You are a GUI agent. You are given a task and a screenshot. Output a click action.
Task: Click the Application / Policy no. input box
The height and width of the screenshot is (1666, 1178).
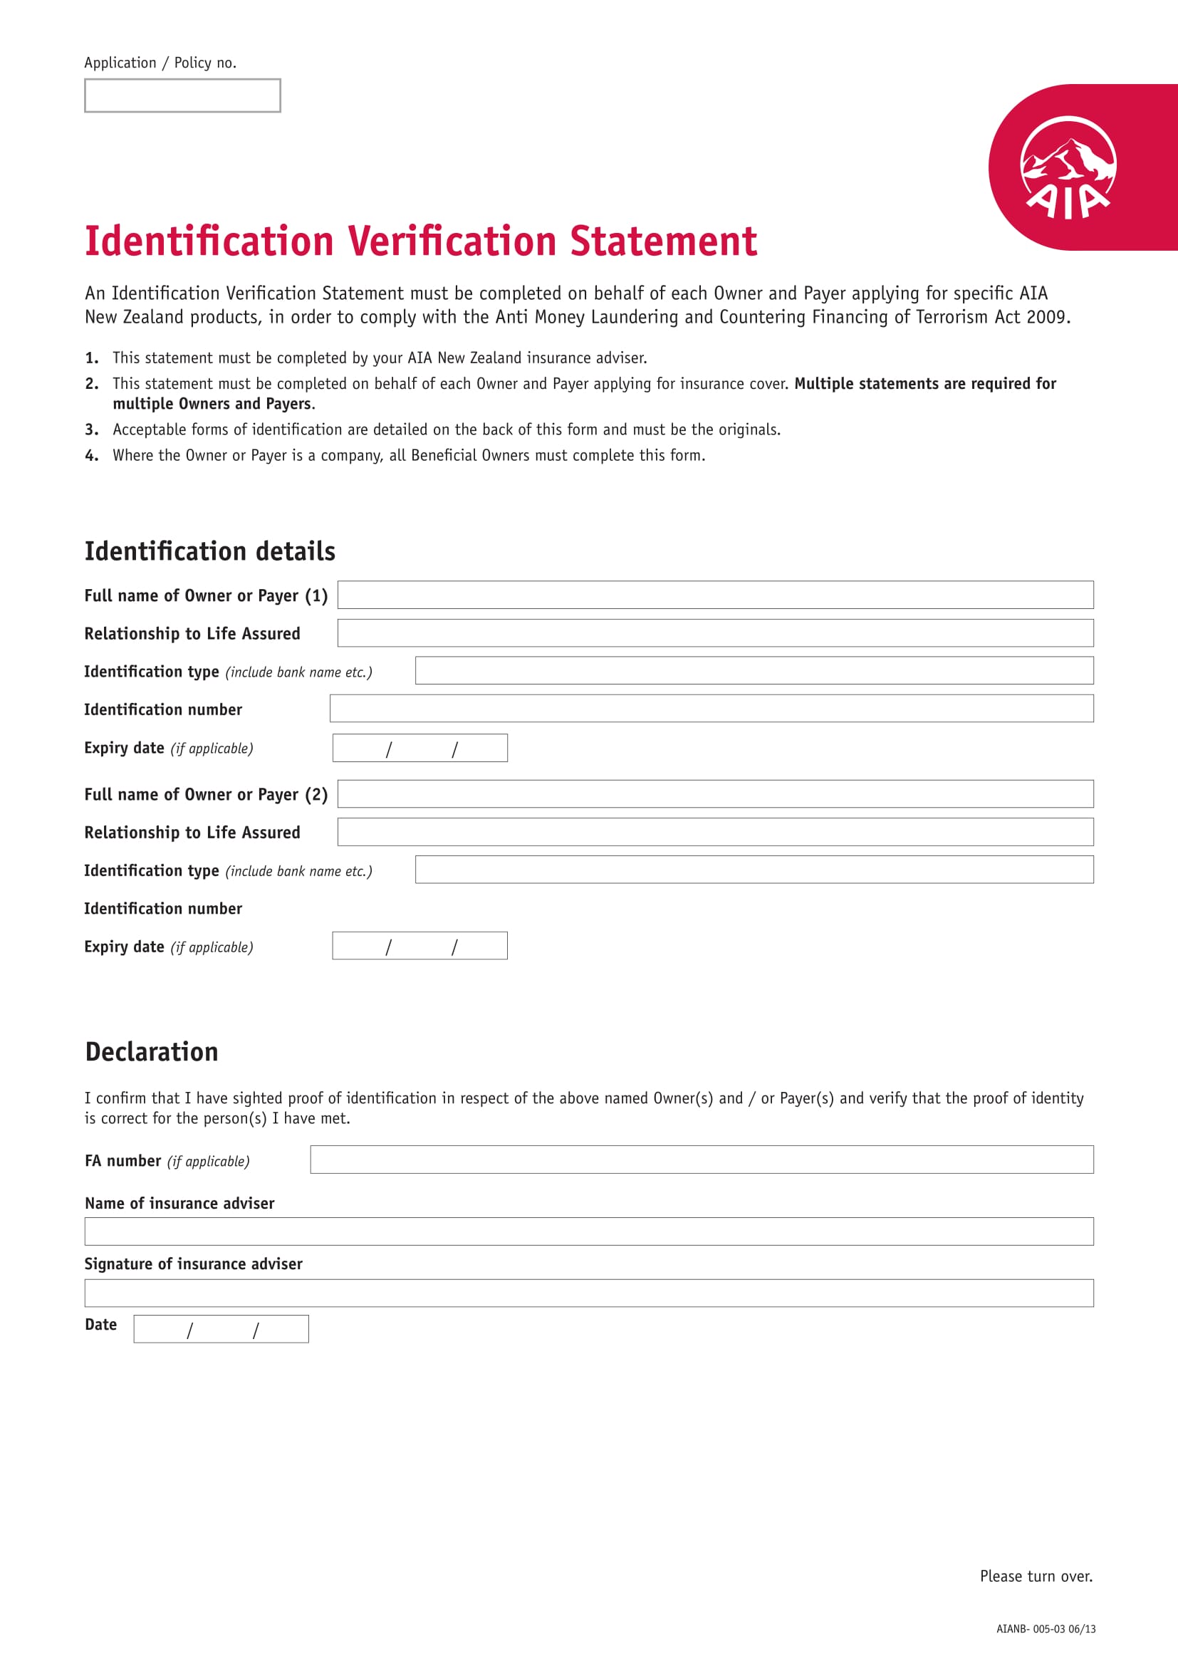pyautogui.click(x=182, y=95)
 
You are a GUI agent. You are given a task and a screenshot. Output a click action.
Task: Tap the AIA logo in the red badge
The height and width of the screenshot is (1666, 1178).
pyautogui.click(x=1068, y=168)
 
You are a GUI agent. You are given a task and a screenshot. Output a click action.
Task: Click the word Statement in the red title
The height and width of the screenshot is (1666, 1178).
pyautogui.click(x=663, y=241)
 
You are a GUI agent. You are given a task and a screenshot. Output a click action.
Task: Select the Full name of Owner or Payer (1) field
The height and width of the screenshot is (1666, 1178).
pyautogui.click(x=714, y=595)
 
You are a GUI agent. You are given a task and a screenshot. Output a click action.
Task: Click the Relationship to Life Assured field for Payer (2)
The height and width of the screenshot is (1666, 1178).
pyautogui.click(x=714, y=831)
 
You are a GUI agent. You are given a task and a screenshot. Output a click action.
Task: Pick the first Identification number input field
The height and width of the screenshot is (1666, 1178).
pyautogui.click(x=711, y=708)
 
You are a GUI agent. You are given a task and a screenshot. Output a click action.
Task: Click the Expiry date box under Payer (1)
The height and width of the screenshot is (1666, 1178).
pyautogui.click(x=419, y=748)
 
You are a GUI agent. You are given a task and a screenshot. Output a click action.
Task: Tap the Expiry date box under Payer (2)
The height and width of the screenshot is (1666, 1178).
pyautogui.click(x=419, y=945)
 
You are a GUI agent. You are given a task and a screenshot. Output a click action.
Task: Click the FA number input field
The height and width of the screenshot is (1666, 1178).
pyautogui.click(x=702, y=1160)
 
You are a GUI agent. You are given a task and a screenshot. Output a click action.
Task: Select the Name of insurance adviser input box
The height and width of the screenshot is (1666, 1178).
pyautogui.click(x=588, y=1232)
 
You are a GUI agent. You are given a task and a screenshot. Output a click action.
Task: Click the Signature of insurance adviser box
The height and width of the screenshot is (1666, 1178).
pyautogui.click(x=588, y=1293)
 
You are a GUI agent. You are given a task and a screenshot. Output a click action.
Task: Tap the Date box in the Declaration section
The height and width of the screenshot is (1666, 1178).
pyautogui.click(x=221, y=1328)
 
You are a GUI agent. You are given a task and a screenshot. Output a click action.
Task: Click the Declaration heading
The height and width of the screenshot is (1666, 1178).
pyautogui.click(x=152, y=1052)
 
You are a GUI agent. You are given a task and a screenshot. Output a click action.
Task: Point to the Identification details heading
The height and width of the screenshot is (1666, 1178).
pyautogui.click(x=209, y=551)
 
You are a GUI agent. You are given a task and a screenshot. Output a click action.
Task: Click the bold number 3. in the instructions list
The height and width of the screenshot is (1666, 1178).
pyautogui.click(x=91, y=429)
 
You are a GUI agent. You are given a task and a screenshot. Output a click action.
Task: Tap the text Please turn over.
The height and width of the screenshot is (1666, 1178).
pyautogui.click(x=1035, y=1576)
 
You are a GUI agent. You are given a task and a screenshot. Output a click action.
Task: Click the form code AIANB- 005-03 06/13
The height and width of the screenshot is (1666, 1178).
pyautogui.click(x=1046, y=1629)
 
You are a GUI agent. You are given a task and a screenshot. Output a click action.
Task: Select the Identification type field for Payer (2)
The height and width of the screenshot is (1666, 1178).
pyautogui.click(x=754, y=869)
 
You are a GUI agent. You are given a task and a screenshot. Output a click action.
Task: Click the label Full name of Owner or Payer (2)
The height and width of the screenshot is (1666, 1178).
pyautogui.click(x=206, y=795)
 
